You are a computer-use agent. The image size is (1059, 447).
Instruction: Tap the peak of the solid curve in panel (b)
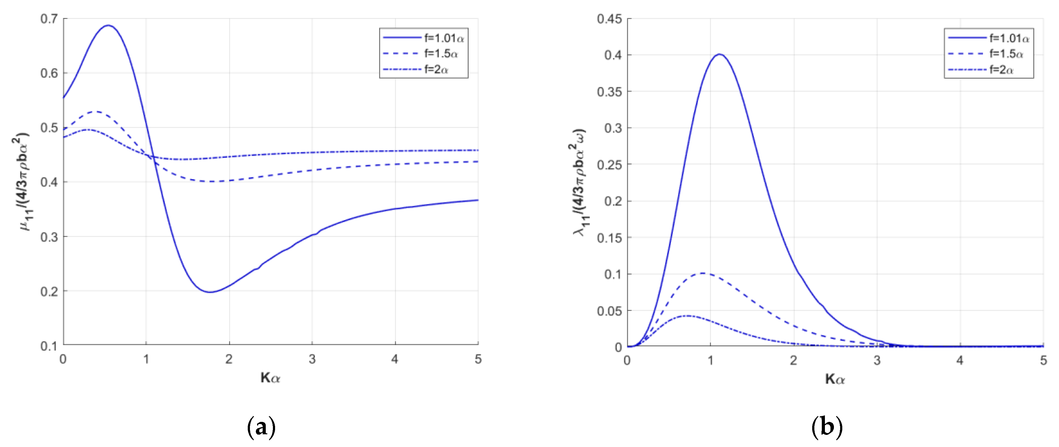pyautogui.click(x=719, y=54)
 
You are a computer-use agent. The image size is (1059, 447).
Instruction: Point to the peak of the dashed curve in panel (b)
pyautogui.click(x=704, y=273)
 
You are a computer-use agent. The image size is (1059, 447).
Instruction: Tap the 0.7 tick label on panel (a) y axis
pyautogui.click(x=49, y=19)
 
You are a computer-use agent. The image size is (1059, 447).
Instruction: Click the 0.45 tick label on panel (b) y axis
pyautogui.click(x=609, y=19)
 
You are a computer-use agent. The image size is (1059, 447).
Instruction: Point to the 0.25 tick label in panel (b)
pyautogui.click(x=609, y=165)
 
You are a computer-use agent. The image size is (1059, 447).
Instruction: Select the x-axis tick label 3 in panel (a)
pyautogui.click(x=312, y=359)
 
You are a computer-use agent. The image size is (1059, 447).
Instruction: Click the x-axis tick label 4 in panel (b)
pyautogui.click(x=960, y=360)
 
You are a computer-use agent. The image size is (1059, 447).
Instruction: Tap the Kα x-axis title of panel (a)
pyautogui.click(x=270, y=377)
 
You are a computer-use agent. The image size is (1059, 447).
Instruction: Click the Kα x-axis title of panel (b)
pyautogui.click(x=835, y=378)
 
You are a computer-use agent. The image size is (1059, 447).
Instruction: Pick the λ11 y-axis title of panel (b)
pyautogui.click(x=580, y=183)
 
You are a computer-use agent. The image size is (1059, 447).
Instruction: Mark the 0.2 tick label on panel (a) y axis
pyautogui.click(x=49, y=291)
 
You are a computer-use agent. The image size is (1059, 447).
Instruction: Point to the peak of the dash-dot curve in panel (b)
pyautogui.click(x=687, y=315)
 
